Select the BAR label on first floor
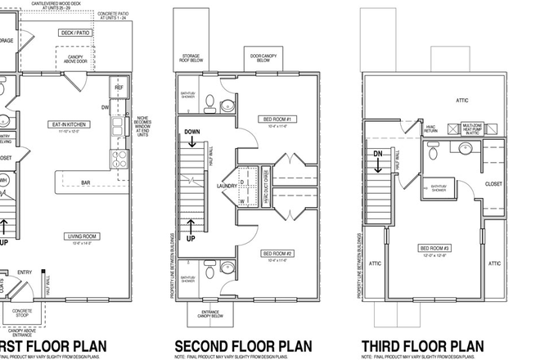85,182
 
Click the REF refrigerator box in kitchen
119,86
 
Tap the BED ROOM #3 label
434,249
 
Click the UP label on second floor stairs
191,239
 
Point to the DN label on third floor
379,152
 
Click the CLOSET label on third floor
493,185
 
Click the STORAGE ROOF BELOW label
191,59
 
